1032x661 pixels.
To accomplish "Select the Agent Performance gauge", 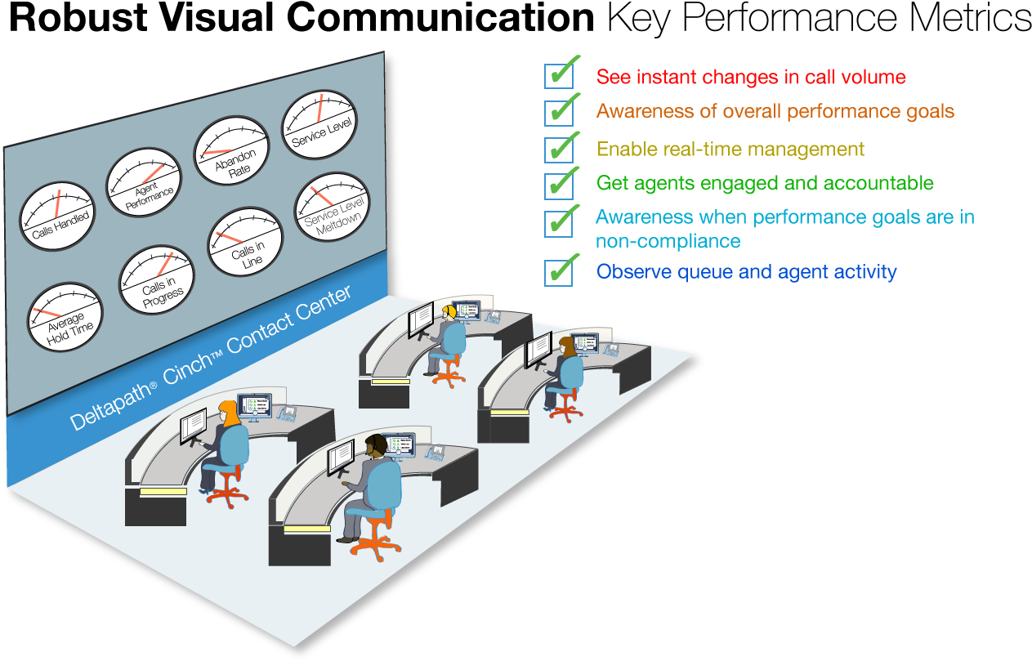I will pos(144,182).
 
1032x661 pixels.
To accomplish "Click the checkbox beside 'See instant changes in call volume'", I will pos(559,75).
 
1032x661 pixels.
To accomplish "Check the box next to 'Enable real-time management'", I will pos(559,150).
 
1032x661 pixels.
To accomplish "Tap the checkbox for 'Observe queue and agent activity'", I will pos(559,272).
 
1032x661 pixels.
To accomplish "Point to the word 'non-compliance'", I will pos(668,241).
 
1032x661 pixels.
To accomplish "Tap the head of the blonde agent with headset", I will pos(449,311).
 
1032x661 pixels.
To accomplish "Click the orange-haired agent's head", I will pos(228,412).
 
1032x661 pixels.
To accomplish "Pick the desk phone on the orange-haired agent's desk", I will pos(287,413).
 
